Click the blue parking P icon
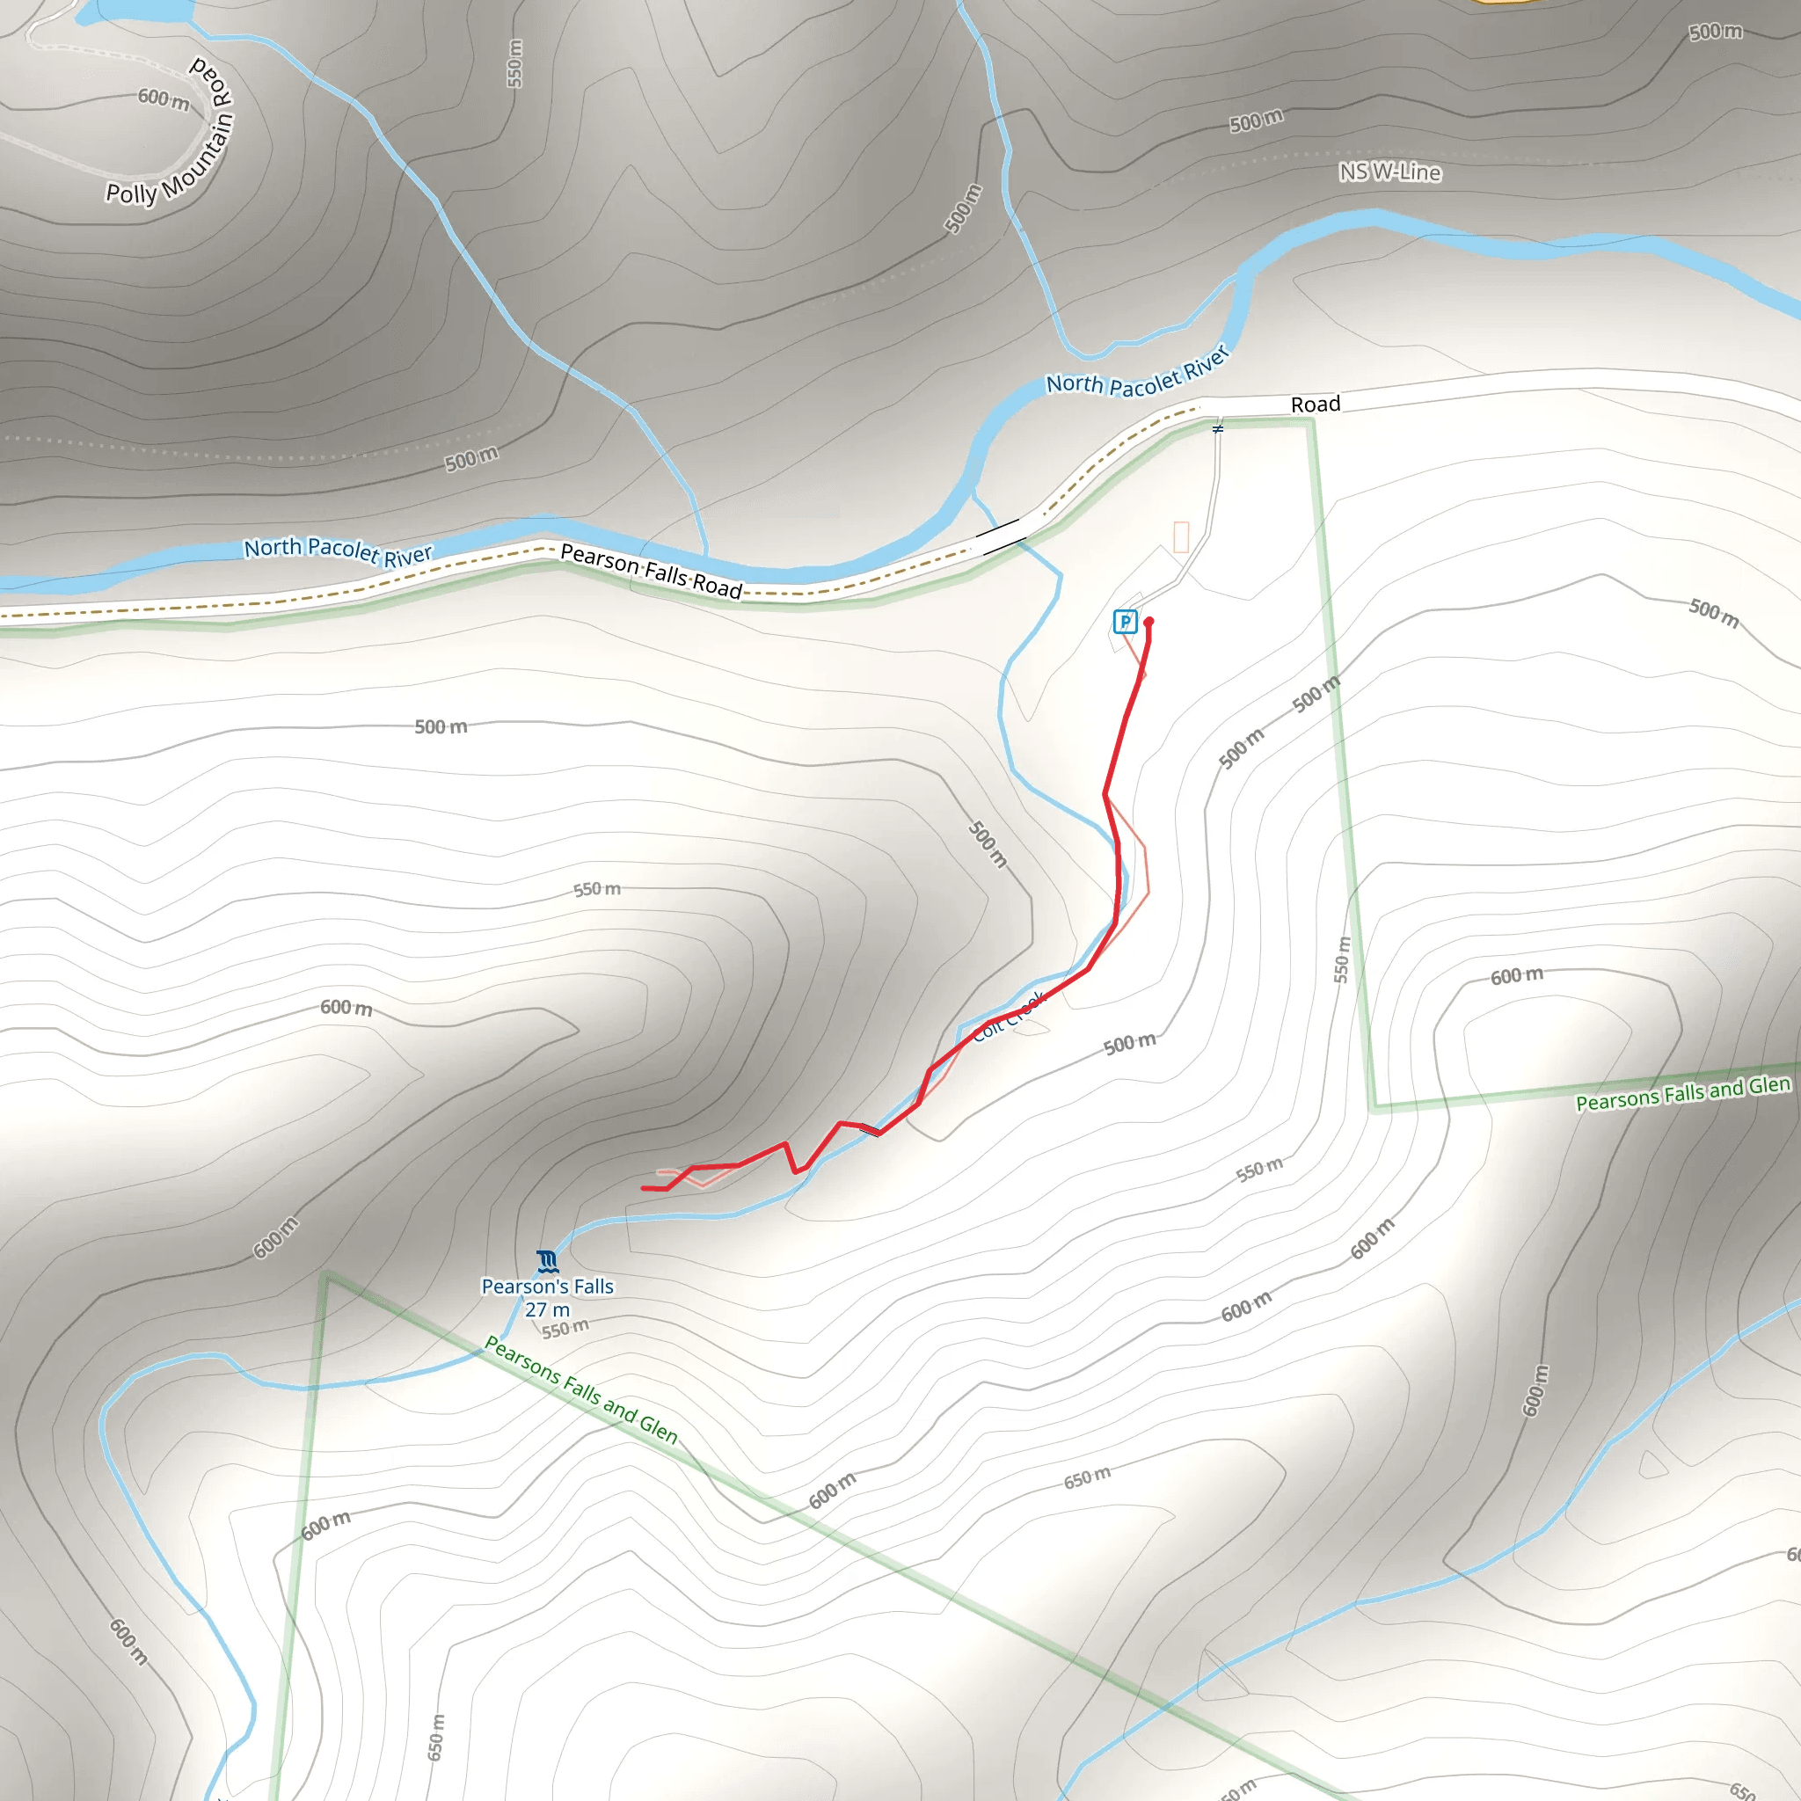pyautogui.click(x=1125, y=622)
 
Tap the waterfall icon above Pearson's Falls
pyautogui.click(x=548, y=1262)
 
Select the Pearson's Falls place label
pyautogui.click(x=547, y=1287)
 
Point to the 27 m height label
pyautogui.click(x=547, y=1309)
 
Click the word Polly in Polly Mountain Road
pyautogui.click(x=131, y=193)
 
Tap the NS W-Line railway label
pyautogui.click(x=1390, y=171)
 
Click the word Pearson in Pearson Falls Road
pyautogui.click(x=600, y=559)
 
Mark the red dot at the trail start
pyautogui.click(x=1149, y=622)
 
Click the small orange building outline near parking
pyautogui.click(x=1181, y=537)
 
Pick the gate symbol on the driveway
pyautogui.click(x=1217, y=429)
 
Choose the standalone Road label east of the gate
pyautogui.click(x=1316, y=405)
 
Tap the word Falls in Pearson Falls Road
pyautogui.click(x=666, y=573)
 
